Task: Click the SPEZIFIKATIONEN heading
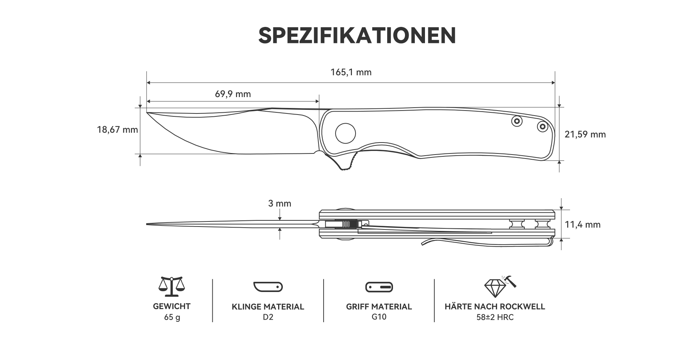coord(357,36)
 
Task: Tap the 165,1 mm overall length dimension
coord(351,72)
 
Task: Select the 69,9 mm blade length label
coord(233,94)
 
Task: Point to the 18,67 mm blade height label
coord(117,129)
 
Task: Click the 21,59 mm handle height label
coord(585,135)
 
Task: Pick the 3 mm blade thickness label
coord(280,204)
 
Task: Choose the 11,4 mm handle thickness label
coord(582,225)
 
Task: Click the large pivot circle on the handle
coord(345,133)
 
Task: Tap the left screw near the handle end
coord(516,121)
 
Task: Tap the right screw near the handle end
coord(542,126)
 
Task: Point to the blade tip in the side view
coord(147,112)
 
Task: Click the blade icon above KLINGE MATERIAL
coord(268,287)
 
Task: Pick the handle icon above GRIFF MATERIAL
coord(379,287)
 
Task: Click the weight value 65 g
coord(172,317)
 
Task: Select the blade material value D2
coord(268,317)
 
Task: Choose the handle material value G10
coord(379,317)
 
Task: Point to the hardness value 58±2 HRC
coord(495,317)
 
